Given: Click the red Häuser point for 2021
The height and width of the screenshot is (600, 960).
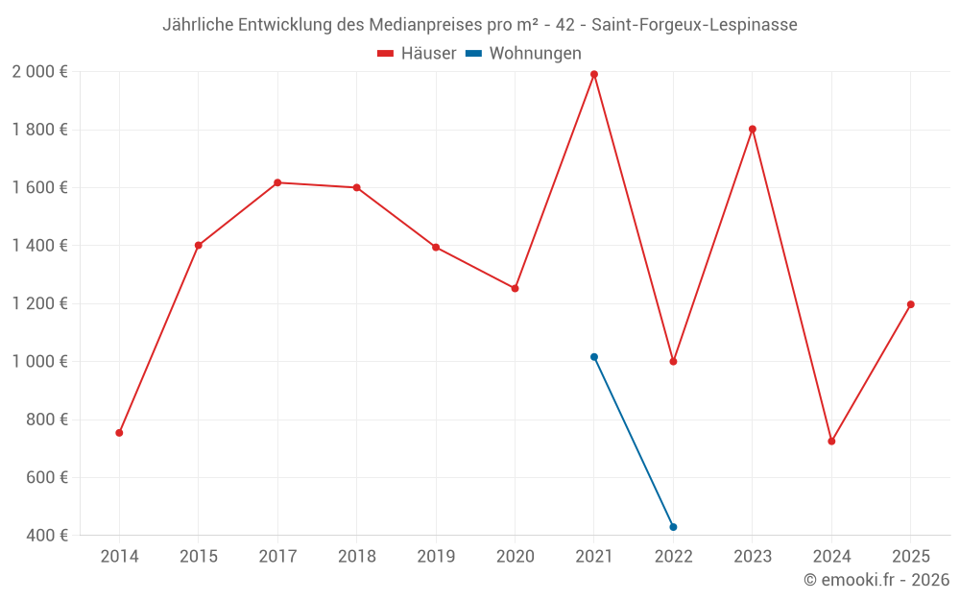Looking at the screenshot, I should (594, 74).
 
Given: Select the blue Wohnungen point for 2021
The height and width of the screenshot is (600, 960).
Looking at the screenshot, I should (594, 357).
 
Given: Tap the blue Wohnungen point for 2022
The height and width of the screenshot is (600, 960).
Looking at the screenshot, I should (673, 527).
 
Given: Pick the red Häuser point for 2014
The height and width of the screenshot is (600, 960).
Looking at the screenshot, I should (119, 433).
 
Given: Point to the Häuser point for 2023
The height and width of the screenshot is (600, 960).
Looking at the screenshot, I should (753, 129).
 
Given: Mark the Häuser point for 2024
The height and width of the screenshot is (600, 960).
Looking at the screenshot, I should (831, 442).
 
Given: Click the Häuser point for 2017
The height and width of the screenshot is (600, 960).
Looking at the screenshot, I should (277, 182).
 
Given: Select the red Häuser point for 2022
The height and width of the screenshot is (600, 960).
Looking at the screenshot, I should (673, 362).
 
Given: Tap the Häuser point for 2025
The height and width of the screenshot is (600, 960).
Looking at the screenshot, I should (911, 304).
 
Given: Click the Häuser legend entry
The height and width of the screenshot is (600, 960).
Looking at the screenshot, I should (417, 54).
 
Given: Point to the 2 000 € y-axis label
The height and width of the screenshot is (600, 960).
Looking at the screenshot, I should (39, 72).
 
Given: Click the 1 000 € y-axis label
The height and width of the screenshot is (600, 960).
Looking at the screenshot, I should (39, 362).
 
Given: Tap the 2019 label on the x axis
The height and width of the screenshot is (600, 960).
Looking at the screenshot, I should (436, 557).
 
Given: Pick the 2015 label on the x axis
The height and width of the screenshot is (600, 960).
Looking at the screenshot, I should (199, 557).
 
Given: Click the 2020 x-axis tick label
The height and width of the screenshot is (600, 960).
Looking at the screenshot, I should (515, 557).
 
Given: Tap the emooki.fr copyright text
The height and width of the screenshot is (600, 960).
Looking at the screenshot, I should (876, 580).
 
